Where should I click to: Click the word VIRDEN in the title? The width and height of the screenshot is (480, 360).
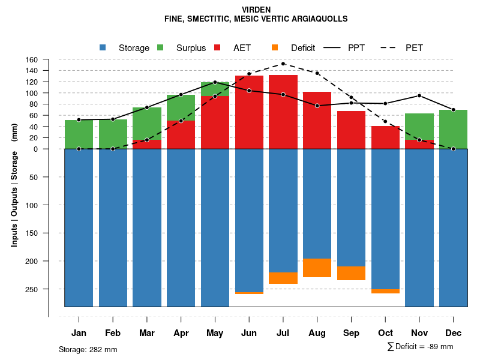coord(256,10)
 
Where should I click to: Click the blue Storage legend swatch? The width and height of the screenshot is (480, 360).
coord(103,47)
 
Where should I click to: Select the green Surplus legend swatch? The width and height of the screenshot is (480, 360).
coord(160,47)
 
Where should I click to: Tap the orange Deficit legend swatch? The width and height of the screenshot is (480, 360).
coord(275,47)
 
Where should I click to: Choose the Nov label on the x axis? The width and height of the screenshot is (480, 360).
coord(419,333)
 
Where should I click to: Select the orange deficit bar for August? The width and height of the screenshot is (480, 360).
coord(317,268)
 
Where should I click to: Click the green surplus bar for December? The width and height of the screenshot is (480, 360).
coord(453,129)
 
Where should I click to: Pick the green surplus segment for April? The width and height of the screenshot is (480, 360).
coord(181,107)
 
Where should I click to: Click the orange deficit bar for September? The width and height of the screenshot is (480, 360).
coord(351,273)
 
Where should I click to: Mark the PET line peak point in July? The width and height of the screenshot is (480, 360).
coord(283,64)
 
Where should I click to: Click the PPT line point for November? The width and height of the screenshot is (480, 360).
coord(419,95)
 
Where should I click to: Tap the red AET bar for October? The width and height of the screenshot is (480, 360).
coord(385,137)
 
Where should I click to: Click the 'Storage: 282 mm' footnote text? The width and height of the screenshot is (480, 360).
coord(88,349)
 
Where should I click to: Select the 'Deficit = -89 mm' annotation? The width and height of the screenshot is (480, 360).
coord(424,346)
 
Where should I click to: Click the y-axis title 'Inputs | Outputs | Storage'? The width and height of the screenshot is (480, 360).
coord(14,198)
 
